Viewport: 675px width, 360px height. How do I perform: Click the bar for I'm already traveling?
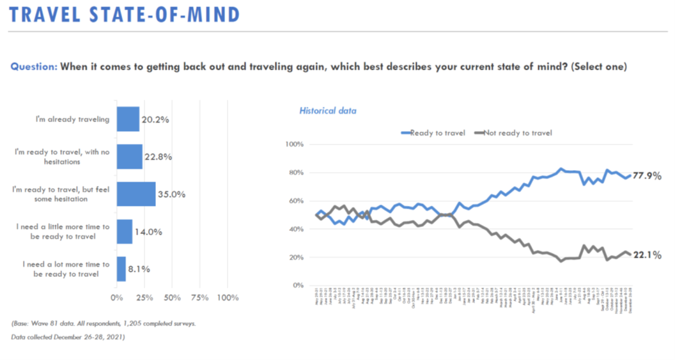coord(128,119)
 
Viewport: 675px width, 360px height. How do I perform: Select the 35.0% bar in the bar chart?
coord(136,194)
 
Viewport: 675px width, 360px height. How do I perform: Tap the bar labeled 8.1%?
coord(121,269)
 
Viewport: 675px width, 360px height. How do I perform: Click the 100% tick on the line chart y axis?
coord(291,145)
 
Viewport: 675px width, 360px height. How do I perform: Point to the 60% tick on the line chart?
coord(293,201)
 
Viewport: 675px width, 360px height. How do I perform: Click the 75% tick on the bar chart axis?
coord(200,298)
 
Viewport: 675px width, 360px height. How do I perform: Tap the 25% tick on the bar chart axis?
coord(144,298)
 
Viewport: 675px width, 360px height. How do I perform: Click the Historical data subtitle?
coord(328,111)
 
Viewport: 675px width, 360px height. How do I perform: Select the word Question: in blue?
coord(35,67)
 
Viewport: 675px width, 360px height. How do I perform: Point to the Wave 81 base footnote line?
coord(104,324)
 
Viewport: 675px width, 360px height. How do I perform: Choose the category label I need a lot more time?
coord(66,269)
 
